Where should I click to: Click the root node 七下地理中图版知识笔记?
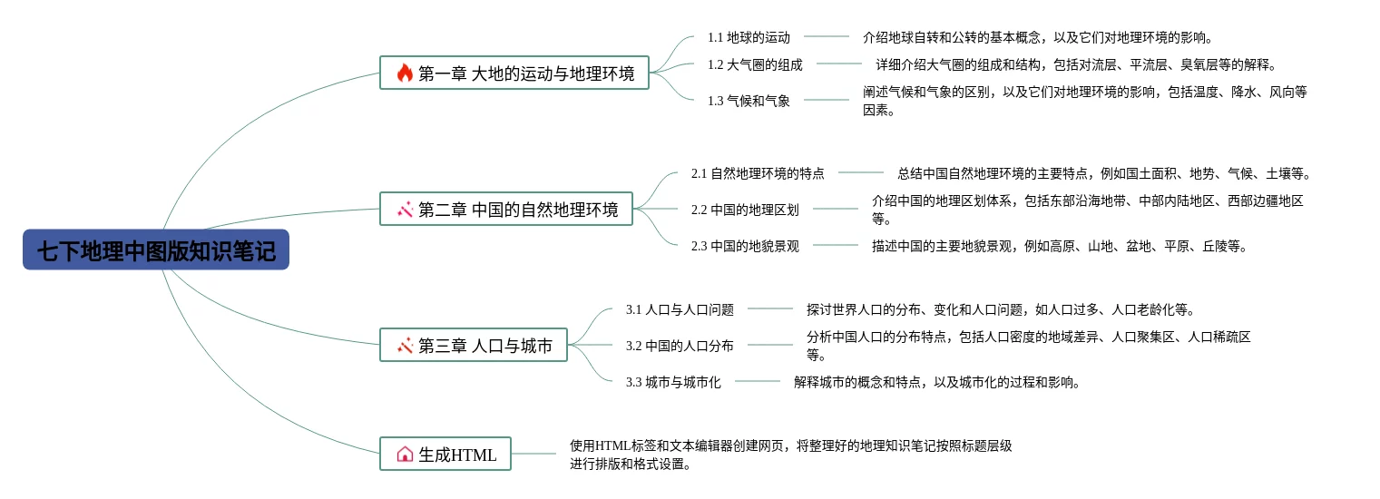pyautogui.click(x=156, y=250)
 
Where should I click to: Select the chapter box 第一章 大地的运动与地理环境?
pyautogui.click(x=514, y=73)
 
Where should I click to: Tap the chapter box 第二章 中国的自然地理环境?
pyautogui.click(x=506, y=210)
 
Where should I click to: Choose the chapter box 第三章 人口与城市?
pyautogui.click(x=474, y=346)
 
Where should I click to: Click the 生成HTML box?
pyautogui.click(x=445, y=455)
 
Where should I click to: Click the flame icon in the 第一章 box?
pyautogui.click(x=405, y=73)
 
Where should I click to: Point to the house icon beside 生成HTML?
pyautogui.click(x=405, y=455)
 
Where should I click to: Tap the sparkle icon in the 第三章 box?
pyautogui.click(x=405, y=346)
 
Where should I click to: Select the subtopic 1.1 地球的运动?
pyautogui.click(x=749, y=37)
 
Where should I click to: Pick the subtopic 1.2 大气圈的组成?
pyautogui.click(x=755, y=64)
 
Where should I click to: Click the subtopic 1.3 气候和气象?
pyautogui.click(x=749, y=101)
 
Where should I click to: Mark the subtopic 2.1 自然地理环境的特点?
pyautogui.click(x=758, y=173)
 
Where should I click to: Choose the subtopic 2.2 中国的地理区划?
pyautogui.click(x=745, y=210)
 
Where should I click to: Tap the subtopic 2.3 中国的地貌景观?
pyautogui.click(x=745, y=246)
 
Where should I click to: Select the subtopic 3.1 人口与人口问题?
pyautogui.click(x=680, y=309)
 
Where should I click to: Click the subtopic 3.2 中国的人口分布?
pyautogui.click(x=680, y=346)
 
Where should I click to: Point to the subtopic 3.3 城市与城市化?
pyautogui.click(x=673, y=382)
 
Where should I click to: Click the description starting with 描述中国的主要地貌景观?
pyautogui.click(x=1060, y=246)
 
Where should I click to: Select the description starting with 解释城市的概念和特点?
pyautogui.click(x=937, y=382)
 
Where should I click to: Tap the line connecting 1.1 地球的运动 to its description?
pyautogui.click(x=827, y=37)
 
